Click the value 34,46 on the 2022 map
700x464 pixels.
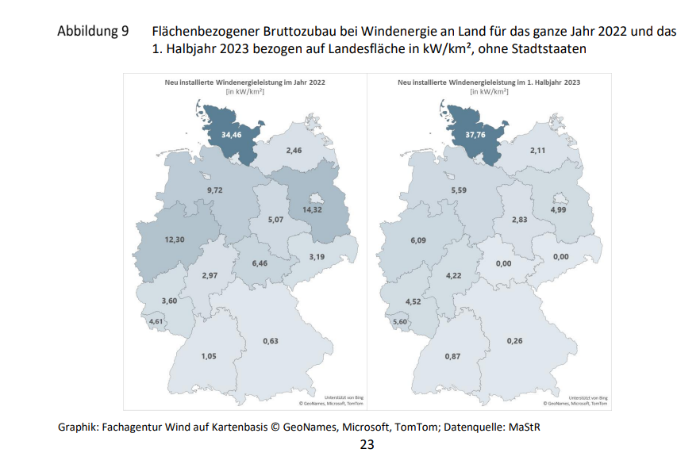(232, 136)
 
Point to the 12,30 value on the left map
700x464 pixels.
(175, 240)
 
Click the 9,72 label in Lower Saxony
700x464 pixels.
(215, 191)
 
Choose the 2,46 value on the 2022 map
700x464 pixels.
(294, 151)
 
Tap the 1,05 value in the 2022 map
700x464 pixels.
(208, 356)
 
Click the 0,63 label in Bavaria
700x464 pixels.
(271, 341)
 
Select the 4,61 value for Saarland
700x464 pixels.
(157, 321)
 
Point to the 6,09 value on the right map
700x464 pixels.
(419, 240)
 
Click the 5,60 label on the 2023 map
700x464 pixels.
(401, 321)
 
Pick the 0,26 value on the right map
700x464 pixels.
(515, 341)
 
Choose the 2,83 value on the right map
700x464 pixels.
(520, 220)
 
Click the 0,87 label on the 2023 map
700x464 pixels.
(452, 356)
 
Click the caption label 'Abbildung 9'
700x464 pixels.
(93, 32)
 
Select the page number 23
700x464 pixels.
(367, 444)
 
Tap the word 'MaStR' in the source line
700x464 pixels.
(524, 428)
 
